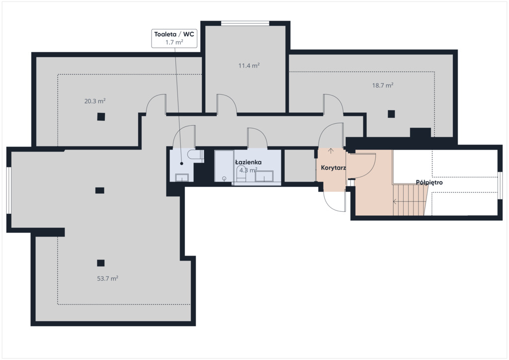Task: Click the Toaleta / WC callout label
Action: pos(174,38)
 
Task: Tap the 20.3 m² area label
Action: pos(95,101)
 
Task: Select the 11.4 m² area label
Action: pos(249,66)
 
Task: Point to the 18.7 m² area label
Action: pos(383,86)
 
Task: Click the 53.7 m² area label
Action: pos(107,278)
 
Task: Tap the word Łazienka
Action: pos(249,162)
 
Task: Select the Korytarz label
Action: pos(333,168)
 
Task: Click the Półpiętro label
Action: pos(429,182)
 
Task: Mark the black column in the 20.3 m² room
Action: pos(101,116)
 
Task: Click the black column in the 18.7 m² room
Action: pos(391,114)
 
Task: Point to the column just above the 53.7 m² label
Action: pos(100,263)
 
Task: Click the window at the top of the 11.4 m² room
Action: pos(245,23)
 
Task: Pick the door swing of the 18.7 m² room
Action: pos(334,104)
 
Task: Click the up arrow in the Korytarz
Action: pos(331,151)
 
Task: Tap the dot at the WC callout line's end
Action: pos(182,164)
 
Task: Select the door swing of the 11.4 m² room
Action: pos(227,104)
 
